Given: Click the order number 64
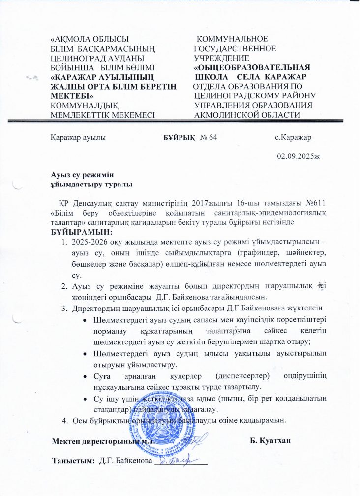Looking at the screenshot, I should (212, 137).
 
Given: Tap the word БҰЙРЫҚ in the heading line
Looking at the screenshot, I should (179, 137).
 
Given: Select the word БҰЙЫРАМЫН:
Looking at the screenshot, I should (82, 231).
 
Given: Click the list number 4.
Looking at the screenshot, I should (63, 420).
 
